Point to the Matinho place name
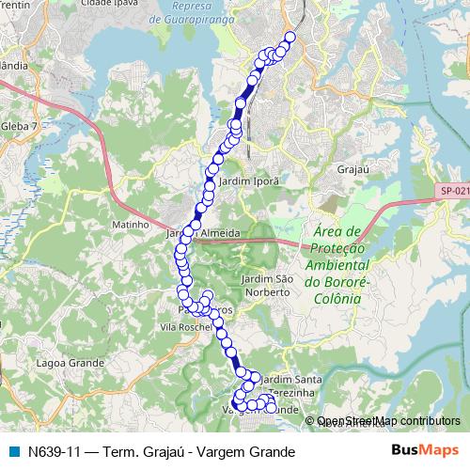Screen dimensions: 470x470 (131, 225)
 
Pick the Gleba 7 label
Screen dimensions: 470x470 (19, 125)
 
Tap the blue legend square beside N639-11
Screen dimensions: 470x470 (14, 451)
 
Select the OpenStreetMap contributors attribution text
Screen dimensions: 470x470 (388, 421)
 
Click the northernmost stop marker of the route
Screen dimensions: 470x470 (290, 38)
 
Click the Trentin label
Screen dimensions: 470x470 (13, 5)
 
